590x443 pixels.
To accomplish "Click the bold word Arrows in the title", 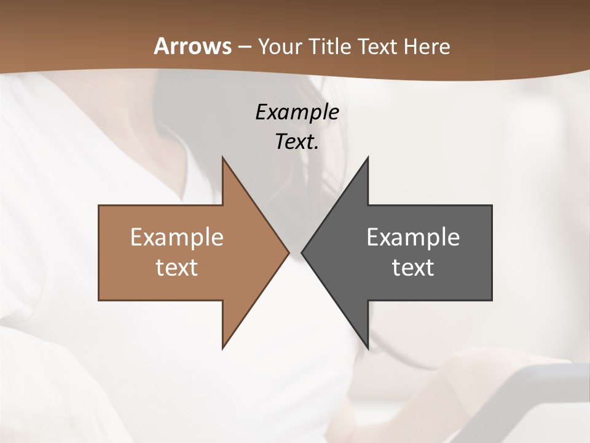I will coord(192,46).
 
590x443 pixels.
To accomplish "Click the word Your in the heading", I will coord(278,47).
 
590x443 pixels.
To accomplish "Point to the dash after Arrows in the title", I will coord(244,47).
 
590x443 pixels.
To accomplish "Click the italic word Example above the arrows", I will coord(297,112).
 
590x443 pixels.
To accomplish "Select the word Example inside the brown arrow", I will coord(177,237).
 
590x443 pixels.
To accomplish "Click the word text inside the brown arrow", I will coord(177,268).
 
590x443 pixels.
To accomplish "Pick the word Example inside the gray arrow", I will coord(413,237).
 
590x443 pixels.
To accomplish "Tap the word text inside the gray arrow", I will coord(413,268).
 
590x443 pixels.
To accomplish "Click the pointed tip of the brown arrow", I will coord(288,252).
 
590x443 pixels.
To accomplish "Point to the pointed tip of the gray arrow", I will coord(302,252).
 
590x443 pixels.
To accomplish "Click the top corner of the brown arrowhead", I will coord(222,158).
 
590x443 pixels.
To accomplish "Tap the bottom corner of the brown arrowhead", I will coord(222,348).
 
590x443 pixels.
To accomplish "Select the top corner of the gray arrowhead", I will coord(368,158).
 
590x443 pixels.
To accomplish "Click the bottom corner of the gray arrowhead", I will coord(368,348).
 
